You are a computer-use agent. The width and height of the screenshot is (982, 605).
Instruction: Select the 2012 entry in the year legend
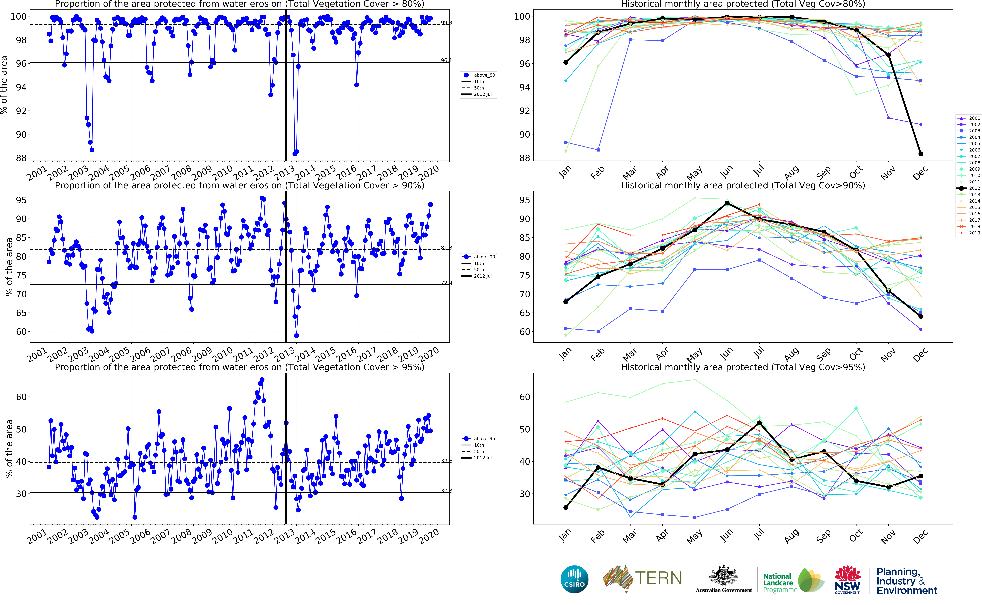tap(974, 188)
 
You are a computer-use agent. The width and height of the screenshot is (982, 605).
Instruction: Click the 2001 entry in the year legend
tap(974, 118)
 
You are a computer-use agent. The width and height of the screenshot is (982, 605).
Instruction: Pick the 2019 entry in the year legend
tap(974, 233)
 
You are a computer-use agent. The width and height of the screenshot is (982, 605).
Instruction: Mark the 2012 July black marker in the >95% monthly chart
tap(759, 423)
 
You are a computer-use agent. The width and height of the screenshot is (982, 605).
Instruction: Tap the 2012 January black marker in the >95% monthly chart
tap(566, 507)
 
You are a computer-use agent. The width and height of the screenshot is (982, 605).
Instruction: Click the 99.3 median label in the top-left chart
tap(446, 23)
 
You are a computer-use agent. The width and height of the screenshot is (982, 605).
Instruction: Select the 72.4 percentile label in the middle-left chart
tap(446, 283)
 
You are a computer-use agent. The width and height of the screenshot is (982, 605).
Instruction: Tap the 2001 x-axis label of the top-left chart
tap(37, 173)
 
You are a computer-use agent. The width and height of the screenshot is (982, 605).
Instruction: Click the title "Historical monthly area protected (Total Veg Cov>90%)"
tap(743, 186)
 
